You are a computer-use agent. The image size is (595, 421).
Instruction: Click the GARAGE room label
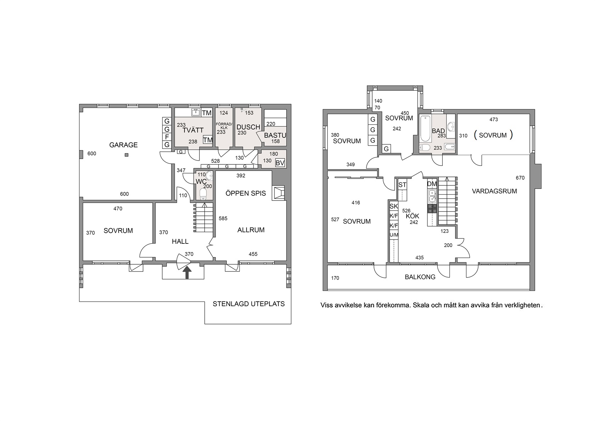click(123, 145)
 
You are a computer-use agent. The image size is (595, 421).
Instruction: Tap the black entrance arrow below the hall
click(188, 273)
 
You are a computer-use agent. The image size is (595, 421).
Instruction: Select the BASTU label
click(275, 135)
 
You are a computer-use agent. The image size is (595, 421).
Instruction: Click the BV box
click(280, 163)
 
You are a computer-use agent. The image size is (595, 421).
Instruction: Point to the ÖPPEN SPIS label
click(246, 193)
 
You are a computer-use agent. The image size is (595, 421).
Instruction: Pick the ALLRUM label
click(251, 230)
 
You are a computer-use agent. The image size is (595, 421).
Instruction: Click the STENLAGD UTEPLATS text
click(249, 304)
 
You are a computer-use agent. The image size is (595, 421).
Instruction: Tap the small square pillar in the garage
click(127, 155)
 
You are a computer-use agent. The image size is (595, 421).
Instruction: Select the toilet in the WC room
click(203, 194)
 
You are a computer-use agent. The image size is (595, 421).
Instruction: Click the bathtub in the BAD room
click(425, 129)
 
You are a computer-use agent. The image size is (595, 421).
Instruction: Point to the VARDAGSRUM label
click(494, 191)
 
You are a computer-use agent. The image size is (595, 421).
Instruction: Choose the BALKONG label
click(420, 277)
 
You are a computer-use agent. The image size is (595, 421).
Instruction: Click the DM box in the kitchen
click(432, 184)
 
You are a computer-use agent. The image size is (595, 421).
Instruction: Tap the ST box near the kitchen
click(402, 185)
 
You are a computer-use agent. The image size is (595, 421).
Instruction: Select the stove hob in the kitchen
click(432, 209)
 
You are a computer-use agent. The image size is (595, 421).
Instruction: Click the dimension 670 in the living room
click(520, 178)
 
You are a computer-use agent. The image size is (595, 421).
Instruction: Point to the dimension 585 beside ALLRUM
click(223, 218)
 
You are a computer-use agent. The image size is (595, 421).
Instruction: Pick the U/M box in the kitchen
click(394, 235)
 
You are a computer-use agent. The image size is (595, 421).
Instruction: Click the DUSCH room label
click(248, 127)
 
